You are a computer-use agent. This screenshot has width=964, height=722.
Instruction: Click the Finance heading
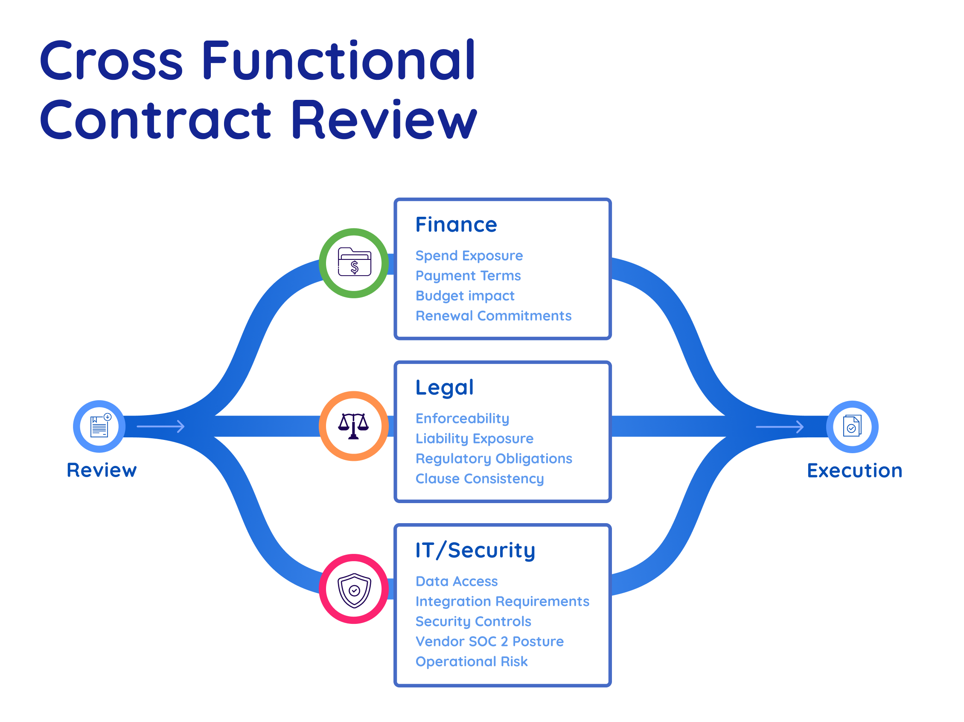(x=456, y=225)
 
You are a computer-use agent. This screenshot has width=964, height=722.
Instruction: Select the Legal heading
(x=444, y=387)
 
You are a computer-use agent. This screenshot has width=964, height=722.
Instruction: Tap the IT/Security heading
(x=475, y=550)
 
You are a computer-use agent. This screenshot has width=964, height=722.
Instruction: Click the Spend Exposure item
(x=469, y=256)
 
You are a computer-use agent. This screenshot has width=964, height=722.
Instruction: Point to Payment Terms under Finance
(x=468, y=276)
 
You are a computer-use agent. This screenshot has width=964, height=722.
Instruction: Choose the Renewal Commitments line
(x=493, y=316)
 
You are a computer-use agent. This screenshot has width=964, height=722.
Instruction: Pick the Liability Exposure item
(x=474, y=439)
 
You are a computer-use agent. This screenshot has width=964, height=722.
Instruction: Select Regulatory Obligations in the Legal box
(x=494, y=459)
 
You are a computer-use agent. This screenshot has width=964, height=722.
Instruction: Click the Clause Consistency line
(x=479, y=479)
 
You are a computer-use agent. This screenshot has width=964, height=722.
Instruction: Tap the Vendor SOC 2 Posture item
(x=489, y=642)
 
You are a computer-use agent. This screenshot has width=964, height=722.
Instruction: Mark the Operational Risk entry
(x=472, y=662)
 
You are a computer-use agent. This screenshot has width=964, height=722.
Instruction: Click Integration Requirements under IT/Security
(x=502, y=602)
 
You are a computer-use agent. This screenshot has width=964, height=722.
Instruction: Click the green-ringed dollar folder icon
(x=354, y=263)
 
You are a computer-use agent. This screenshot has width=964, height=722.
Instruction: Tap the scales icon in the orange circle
(x=354, y=426)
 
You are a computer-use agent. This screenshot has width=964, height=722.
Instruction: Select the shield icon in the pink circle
(x=354, y=590)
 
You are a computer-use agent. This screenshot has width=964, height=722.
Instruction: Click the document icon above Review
(x=99, y=426)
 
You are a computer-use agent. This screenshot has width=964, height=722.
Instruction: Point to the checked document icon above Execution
(x=852, y=426)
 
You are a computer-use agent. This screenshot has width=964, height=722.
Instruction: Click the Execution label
(x=854, y=471)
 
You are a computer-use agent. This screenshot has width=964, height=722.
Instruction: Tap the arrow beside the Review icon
(x=160, y=426)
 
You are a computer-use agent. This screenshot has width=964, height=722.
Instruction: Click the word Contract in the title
(x=155, y=120)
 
